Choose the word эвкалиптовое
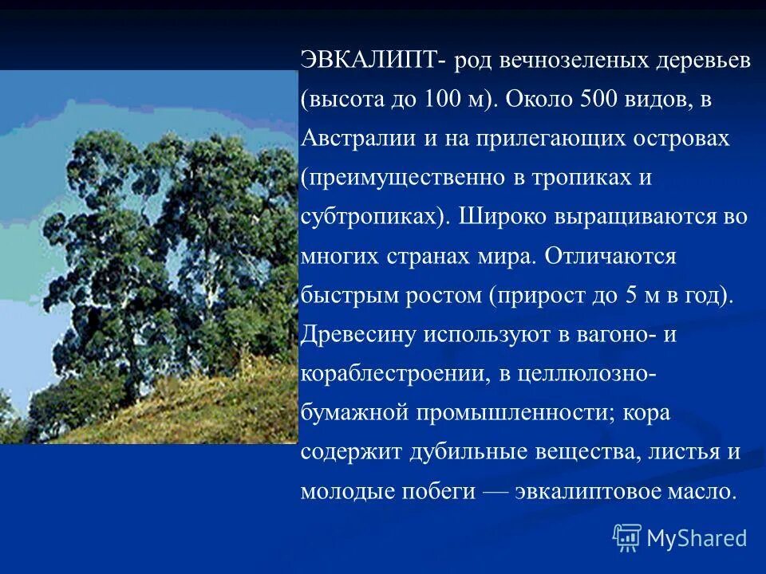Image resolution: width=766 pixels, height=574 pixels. coord(586,490)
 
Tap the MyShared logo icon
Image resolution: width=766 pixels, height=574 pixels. coord(627,538)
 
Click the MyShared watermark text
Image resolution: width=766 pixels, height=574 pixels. coord(696,539)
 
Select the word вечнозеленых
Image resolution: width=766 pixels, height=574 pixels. coord(577,63)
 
